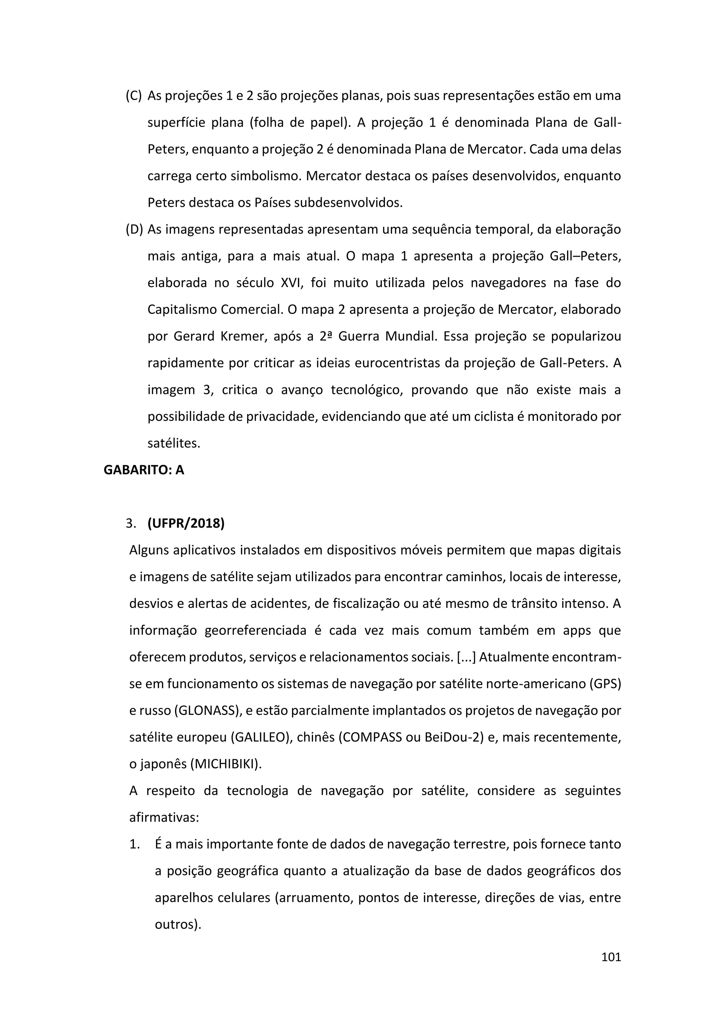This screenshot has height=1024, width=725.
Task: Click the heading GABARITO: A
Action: coord(144,470)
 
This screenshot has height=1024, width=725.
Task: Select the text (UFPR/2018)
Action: coord(186,523)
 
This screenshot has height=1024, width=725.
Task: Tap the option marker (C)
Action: coord(133,96)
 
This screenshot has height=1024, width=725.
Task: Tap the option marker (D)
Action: coord(134,230)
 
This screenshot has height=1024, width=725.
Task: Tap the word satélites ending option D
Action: coord(174,443)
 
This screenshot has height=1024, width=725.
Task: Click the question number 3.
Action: coord(130,524)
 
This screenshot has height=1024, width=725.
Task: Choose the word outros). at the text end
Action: coord(178,925)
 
